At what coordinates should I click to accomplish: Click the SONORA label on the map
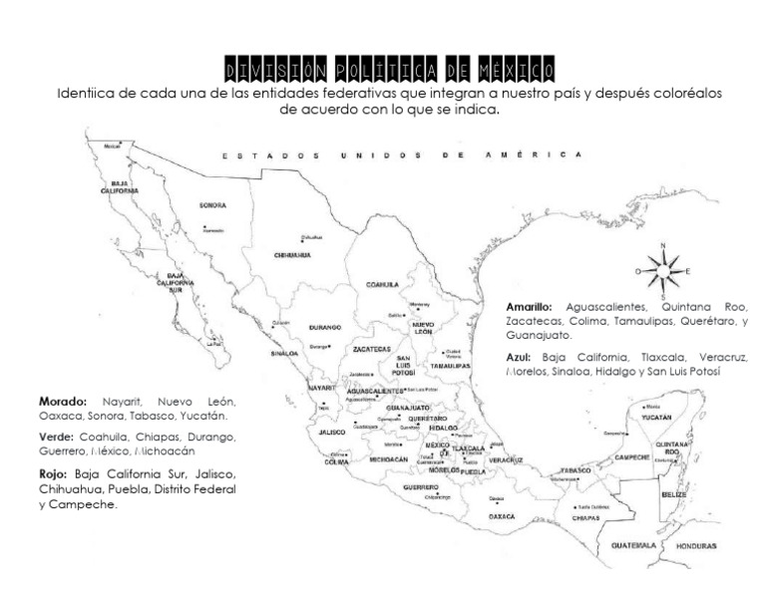[212, 205]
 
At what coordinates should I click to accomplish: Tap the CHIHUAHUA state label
[292, 254]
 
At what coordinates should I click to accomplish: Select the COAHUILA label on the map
[381, 284]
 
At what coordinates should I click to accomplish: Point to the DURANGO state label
[325, 327]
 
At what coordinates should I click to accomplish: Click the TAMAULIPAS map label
[450, 366]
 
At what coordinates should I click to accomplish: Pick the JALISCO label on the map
[332, 432]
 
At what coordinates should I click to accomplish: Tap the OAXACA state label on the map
[502, 516]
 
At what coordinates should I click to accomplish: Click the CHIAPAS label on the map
[586, 519]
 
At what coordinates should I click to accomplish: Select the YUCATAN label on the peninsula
[656, 418]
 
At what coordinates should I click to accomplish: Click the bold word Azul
[518, 356]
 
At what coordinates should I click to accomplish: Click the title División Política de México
[390, 71]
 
